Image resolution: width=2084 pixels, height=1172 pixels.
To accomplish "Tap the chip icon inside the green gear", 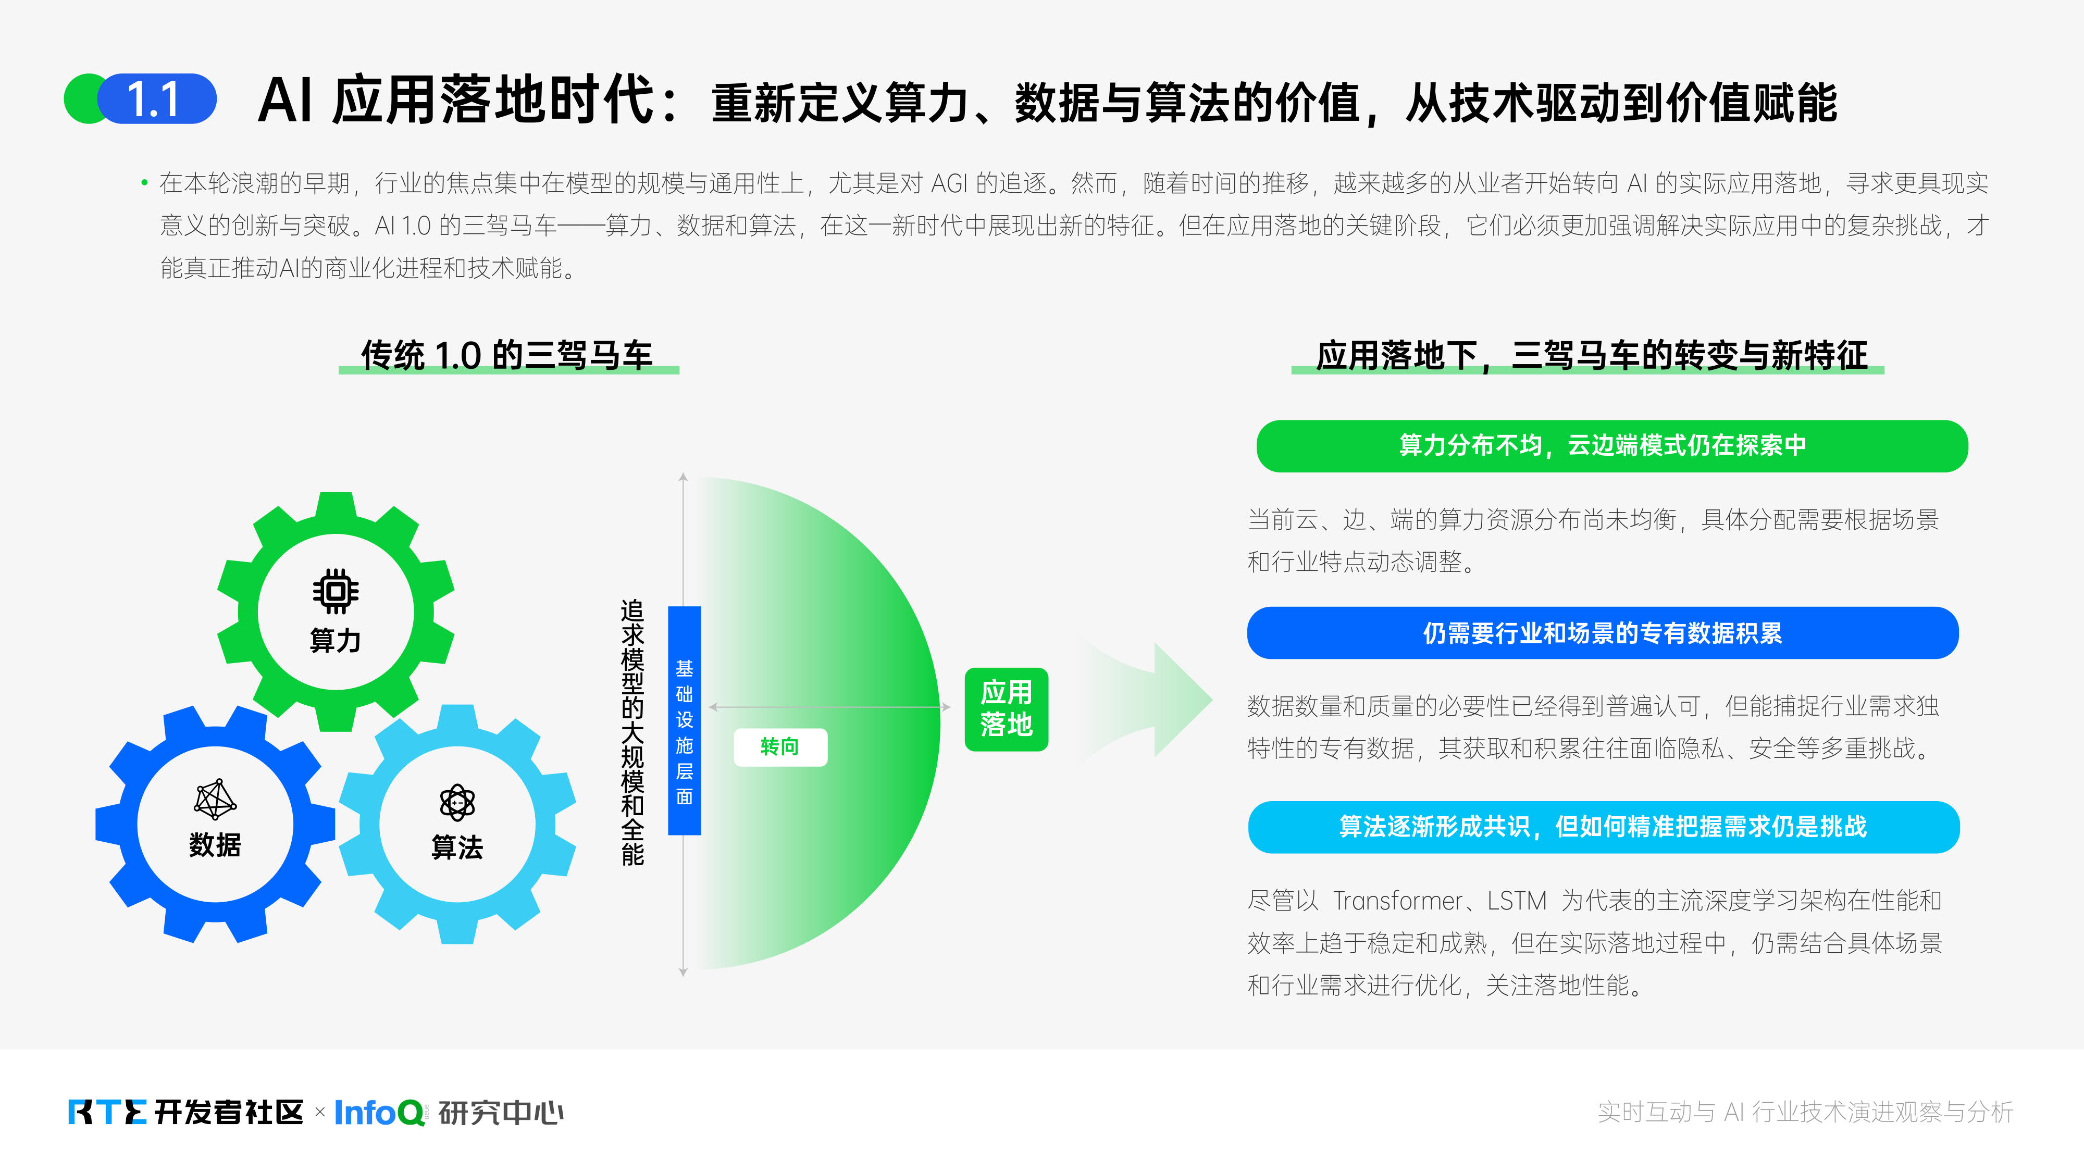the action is (x=336, y=591).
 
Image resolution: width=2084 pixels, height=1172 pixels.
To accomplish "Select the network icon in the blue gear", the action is (x=215, y=799).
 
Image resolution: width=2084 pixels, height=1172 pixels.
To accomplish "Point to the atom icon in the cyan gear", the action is (x=457, y=802).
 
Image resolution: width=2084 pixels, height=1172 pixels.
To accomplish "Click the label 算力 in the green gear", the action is (x=336, y=641).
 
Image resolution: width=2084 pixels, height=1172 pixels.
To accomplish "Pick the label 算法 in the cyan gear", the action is (x=457, y=847).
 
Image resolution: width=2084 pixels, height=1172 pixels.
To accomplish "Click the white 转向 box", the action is (x=780, y=746).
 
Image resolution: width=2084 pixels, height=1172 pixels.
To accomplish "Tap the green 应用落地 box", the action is (x=1007, y=709).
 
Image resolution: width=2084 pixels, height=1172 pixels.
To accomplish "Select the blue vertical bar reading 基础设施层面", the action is (x=685, y=720).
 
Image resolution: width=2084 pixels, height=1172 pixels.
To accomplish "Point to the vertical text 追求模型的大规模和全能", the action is (x=632, y=732).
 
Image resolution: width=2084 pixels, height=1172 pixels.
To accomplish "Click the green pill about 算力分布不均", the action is (x=1611, y=446).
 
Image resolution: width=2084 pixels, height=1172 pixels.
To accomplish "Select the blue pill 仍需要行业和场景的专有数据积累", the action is (x=1603, y=632).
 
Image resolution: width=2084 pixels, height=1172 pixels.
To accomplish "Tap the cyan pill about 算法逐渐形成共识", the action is (x=1604, y=827).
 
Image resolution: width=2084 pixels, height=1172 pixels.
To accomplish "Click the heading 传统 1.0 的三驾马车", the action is (x=507, y=355).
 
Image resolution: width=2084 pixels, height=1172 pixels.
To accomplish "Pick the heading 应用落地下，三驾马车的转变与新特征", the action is (x=1591, y=355).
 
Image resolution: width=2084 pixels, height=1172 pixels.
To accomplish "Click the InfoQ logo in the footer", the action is (x=379, y=1112).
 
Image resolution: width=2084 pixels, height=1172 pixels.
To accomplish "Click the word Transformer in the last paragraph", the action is (x=1397, y=900).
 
